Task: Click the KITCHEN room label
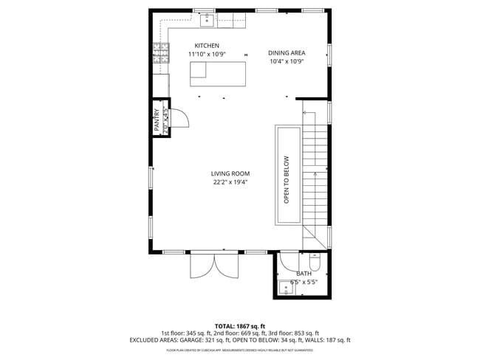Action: click(x=207, y=46)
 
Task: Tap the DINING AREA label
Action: click(x=287, y=53)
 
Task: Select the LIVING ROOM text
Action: click(x=230, y=173)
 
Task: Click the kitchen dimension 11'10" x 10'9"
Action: click(x=207, y=55)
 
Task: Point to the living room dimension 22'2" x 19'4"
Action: click(x=230, y=182)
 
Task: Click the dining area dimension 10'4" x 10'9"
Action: click(x=287, y=62)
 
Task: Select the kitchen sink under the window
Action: click(x=208, y=20)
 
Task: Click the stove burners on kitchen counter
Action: click(x=160, y=53)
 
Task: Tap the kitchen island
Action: click(x=218, y=74)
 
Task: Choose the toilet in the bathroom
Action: click(x=315, y=262)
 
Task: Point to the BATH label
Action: click(x=303, y=274)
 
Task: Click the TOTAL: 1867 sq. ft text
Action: click(x=239, y=326)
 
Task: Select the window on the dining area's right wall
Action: click(x=329, y=55)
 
